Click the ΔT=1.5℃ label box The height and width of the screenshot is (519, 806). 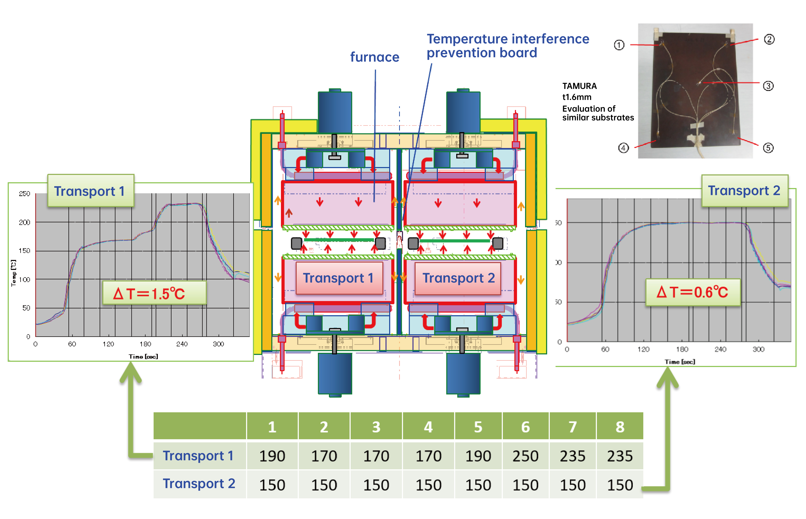[x=154, y=293]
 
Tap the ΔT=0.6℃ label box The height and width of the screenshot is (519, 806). [x=693, y=292]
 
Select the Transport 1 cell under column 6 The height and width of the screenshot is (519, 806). [x=525, y=456]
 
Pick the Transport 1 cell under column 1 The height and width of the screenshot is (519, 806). [x=272, y=456]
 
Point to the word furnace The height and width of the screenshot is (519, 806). [x=374, y=57]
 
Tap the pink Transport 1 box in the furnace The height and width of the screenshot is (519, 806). [x=339, y=278]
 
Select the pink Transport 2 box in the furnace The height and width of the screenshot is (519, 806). [x=458, y=278]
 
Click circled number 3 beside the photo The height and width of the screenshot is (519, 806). [x=768, y=86]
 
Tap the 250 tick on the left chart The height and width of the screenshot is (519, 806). [x=24, y=194]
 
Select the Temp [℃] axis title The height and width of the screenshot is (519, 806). [x=13, y=273]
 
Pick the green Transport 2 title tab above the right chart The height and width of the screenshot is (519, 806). [x=744, y=191]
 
